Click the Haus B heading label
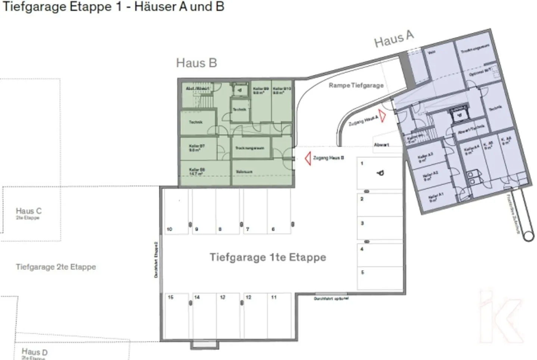[196, 63]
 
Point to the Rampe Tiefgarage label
[356, 85]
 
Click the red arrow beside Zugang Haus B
[308, 158]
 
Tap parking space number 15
[177, 317]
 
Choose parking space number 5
[380, 278]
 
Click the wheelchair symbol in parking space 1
[380, 173]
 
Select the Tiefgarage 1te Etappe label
[267, 257]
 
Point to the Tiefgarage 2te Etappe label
[56, 267]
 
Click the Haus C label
[29, 211]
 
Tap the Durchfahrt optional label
[331, 299]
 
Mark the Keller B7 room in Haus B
[198, 148]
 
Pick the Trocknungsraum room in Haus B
[250, 148]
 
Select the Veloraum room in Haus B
[245, 172]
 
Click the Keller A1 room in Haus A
[434, 198]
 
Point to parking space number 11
[279, 317]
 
